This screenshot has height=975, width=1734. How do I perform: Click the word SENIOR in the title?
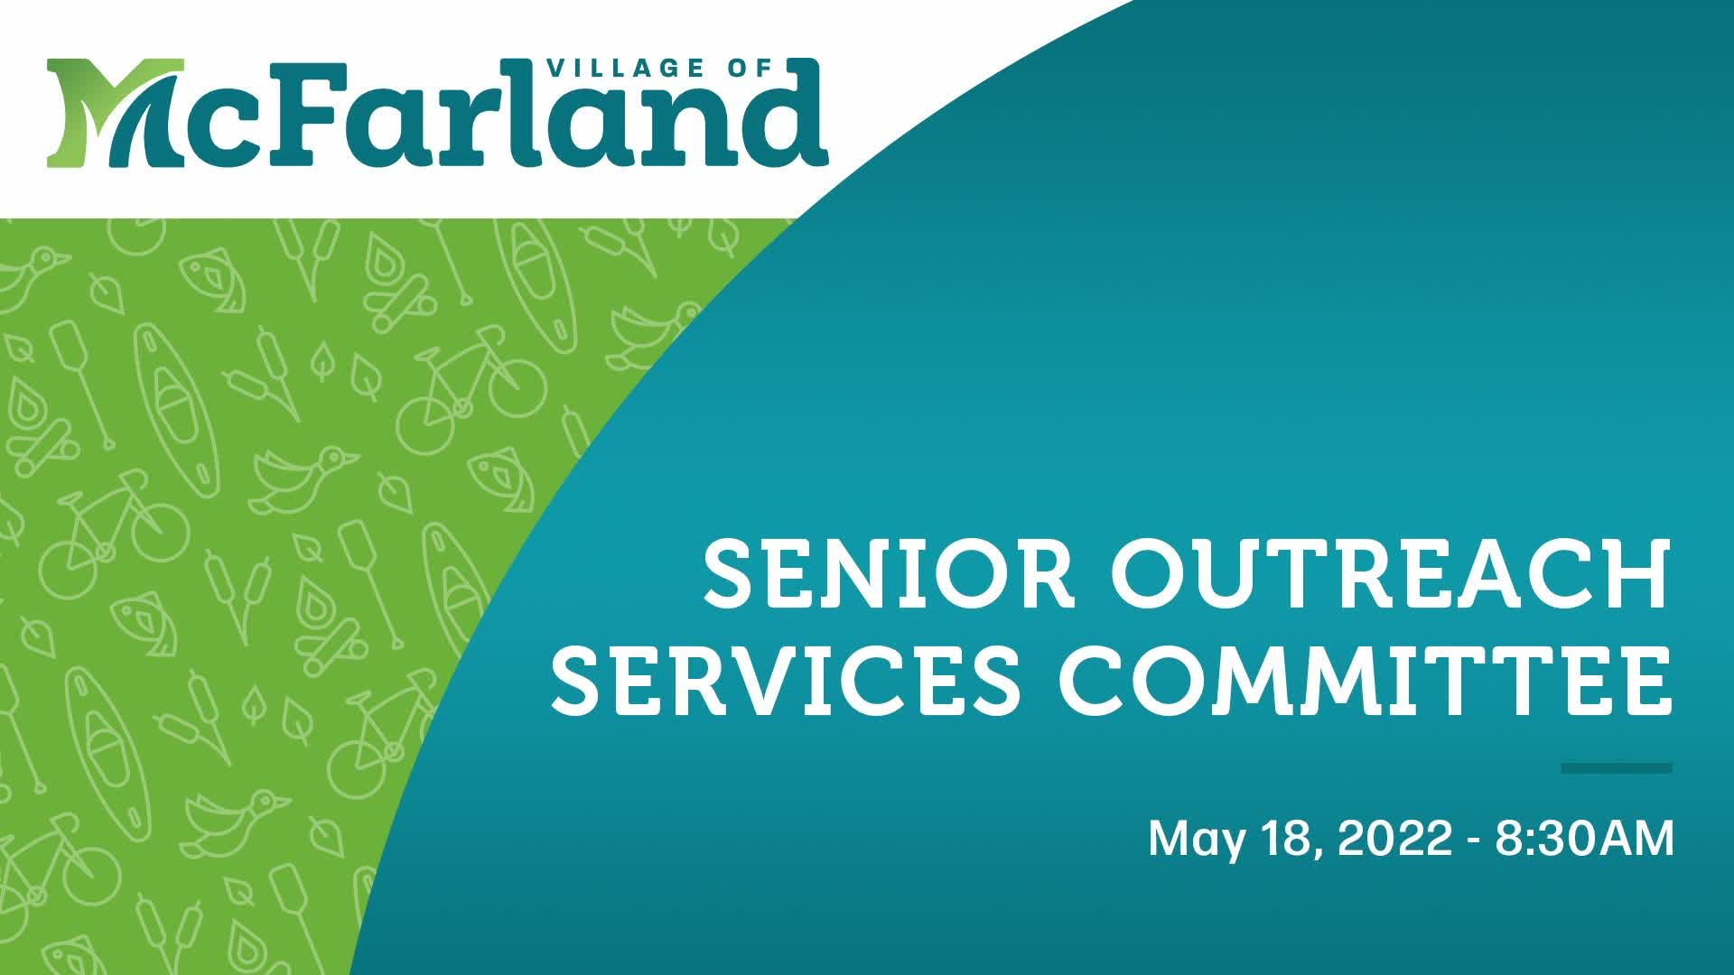pos(890,573)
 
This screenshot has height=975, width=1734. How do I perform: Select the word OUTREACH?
pos(1390,573)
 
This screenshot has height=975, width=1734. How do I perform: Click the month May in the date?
pos(1196,840)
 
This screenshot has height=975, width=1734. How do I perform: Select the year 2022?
pos(1394,838)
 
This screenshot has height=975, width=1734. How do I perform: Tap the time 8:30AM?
pos(1585,838)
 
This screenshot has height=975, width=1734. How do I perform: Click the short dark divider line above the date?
pos(1617,768)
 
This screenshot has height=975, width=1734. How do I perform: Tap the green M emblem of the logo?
pos(113,113)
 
